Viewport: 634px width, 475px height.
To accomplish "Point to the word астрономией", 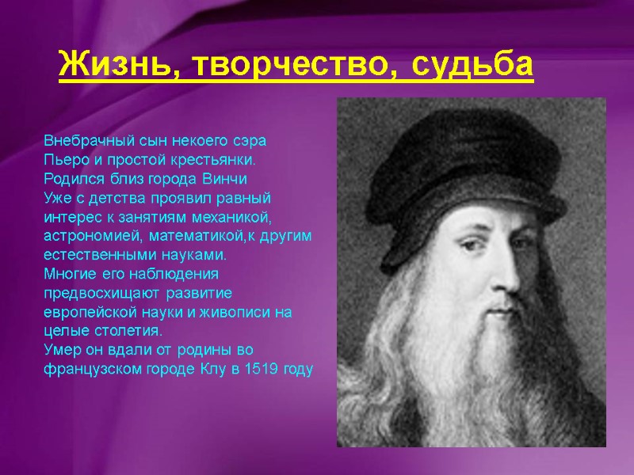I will coord(86,236).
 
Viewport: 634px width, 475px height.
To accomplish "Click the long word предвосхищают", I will coord(98,293).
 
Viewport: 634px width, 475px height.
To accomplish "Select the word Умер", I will coord(59,350).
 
